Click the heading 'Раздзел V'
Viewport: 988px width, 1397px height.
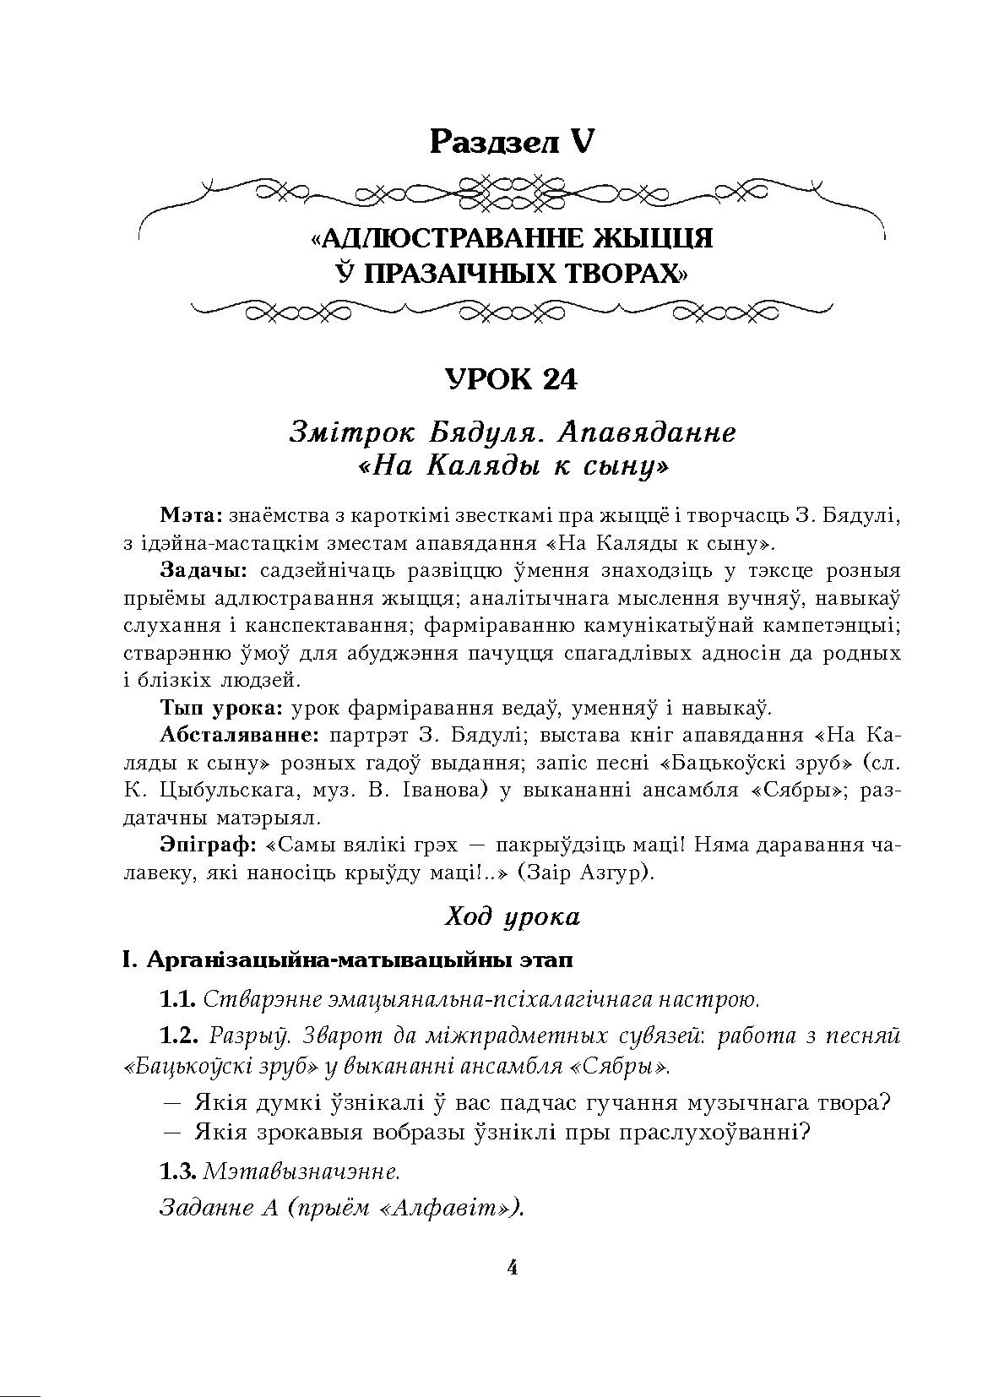511,141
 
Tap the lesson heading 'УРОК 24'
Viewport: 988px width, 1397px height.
511,380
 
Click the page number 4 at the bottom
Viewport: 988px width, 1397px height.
512,1268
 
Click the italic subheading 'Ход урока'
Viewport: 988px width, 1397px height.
512,917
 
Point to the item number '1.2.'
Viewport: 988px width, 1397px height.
179,1036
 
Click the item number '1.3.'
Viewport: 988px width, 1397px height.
178,1172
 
